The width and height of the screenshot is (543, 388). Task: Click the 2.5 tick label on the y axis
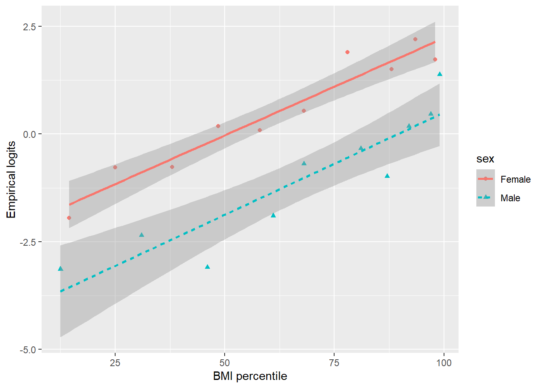29,27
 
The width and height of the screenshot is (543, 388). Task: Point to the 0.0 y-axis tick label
29,134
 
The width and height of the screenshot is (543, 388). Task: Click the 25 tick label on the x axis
115,363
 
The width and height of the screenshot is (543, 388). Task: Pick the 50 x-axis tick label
225,363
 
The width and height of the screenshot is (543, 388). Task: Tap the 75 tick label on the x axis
334,363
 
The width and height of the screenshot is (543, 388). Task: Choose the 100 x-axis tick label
444,363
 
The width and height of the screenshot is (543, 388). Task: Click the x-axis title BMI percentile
250,376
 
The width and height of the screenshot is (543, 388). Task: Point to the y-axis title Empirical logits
11,179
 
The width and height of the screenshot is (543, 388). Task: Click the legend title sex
485,159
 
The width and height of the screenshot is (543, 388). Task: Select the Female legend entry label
515,179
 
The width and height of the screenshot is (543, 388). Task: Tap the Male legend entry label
510,198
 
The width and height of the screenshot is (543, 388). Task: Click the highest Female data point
415,39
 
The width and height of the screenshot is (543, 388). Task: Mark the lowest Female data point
69,218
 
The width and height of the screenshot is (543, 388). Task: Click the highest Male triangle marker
440,74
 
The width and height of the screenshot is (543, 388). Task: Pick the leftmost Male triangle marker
61,269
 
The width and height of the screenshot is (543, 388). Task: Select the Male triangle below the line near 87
387,176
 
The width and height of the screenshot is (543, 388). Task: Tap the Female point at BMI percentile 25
115,167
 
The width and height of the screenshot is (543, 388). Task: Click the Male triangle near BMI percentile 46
207,267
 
